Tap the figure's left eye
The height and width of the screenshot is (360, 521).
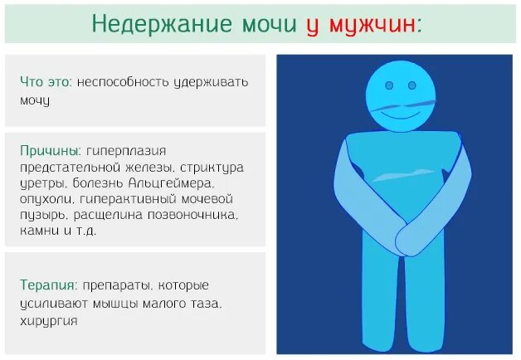390,85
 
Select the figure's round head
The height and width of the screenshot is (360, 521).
402,93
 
